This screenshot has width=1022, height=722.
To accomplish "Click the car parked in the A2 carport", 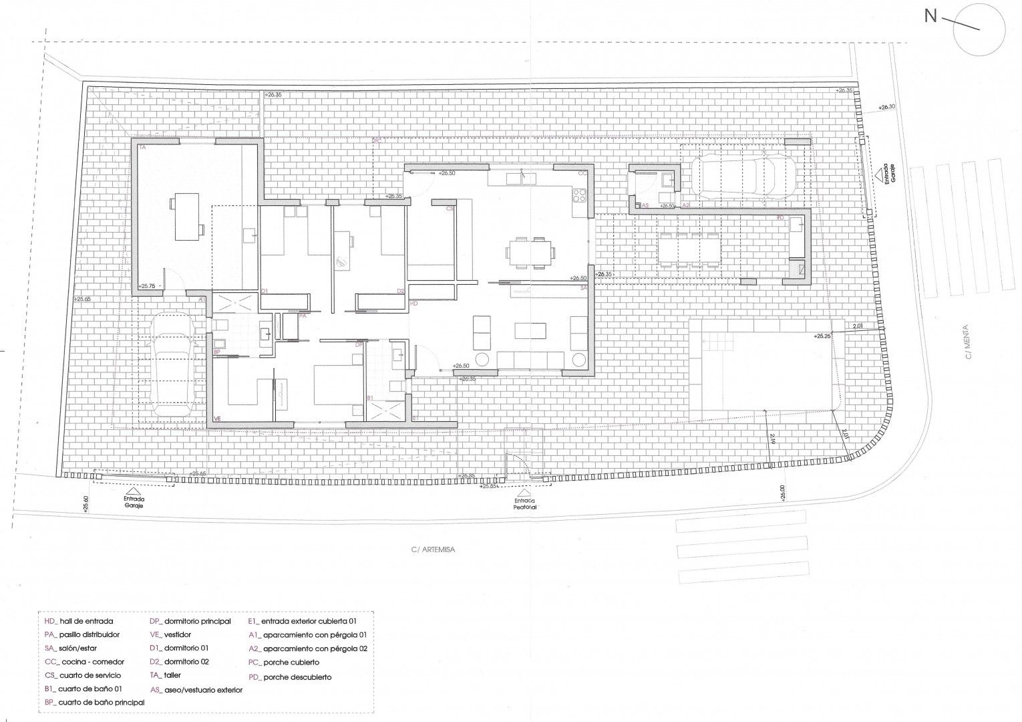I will [742, 175].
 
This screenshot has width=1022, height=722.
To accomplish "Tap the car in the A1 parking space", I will [173, 366].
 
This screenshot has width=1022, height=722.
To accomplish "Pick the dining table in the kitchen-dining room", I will [530, 253].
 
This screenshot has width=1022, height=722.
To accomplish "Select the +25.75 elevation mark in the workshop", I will [147, 286].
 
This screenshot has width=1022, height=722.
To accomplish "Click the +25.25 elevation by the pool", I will [822, 336].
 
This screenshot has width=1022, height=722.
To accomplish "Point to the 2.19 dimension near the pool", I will [772, 439].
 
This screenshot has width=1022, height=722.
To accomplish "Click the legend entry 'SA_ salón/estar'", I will [82, 648].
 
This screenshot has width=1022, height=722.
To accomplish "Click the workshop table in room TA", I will [186, 217].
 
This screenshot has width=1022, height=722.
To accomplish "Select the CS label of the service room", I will [450, 209].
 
